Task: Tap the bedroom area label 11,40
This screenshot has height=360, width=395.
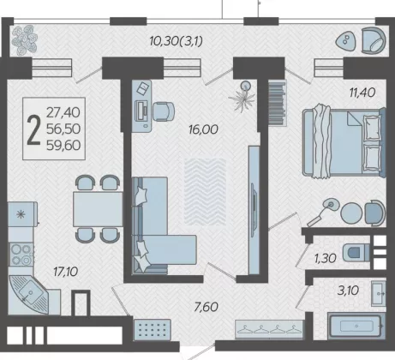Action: coord(362,93)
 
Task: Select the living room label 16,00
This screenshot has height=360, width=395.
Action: coord(203,129)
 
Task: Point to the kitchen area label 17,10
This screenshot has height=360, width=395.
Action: coord(65,272)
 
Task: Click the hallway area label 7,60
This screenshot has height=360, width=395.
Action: coord(206,307)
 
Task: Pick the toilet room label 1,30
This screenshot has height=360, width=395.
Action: coord(325,258)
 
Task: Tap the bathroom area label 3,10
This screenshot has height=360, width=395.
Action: coord(348,291)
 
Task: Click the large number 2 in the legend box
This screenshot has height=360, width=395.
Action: coord(33,130)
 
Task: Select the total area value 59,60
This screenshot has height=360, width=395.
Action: coord(63,146)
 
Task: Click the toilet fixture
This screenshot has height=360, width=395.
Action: coord(356,252)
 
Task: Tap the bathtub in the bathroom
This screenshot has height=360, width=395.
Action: coord(356,326)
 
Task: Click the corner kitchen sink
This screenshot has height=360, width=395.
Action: coord(28,294)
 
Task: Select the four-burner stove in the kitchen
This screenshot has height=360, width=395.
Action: coord(21,254)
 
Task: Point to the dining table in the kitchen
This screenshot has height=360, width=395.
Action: coord(98,209)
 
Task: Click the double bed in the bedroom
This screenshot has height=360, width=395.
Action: coord(344,142)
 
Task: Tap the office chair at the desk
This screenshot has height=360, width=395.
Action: coord(164,111)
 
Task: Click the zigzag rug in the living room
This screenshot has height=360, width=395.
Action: coord(205,192)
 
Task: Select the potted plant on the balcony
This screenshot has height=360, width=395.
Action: coord(24,40)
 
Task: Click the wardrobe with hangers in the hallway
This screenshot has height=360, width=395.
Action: coord(269,329)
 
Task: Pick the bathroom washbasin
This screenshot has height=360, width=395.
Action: coord(379,293)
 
